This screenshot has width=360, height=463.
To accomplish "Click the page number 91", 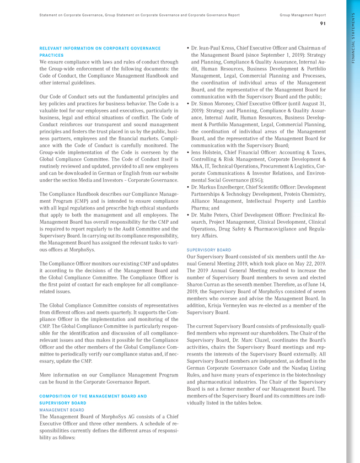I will (323, 23).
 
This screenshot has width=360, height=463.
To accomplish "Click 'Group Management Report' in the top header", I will (303, 15).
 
